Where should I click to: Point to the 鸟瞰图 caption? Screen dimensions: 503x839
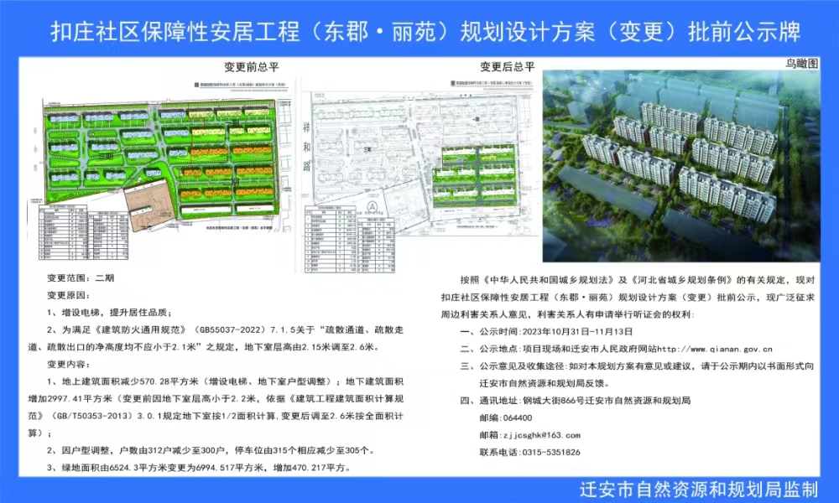(x=800, y=63)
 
